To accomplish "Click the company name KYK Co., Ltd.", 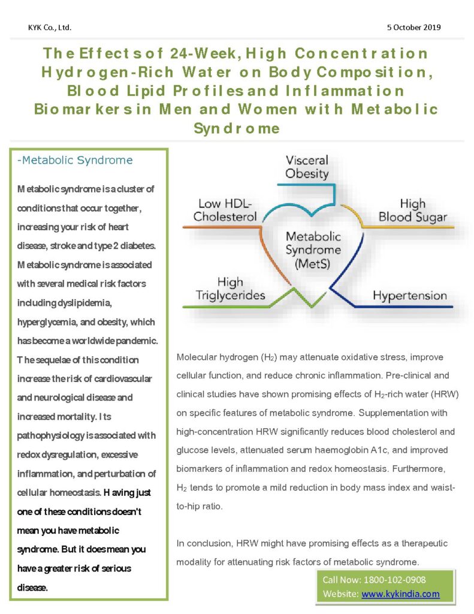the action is coord(50,28).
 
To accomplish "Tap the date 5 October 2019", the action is coord(413,28).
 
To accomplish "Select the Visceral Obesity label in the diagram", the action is coord(307,167).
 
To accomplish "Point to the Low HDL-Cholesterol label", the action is coord(225,210).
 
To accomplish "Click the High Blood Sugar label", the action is coord(412,210).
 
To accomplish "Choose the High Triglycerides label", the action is coord(231,288).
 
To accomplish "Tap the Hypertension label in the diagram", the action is coord(409,295).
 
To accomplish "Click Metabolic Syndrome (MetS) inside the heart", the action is coord(313,250).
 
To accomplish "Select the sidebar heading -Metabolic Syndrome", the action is coord(75,160).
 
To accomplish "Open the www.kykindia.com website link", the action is coord(400,594).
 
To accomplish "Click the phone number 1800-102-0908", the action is coord(394,580).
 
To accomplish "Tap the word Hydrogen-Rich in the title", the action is coord(107,72).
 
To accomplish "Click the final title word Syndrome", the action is coord(237,128).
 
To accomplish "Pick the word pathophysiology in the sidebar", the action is coord(50,436).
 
